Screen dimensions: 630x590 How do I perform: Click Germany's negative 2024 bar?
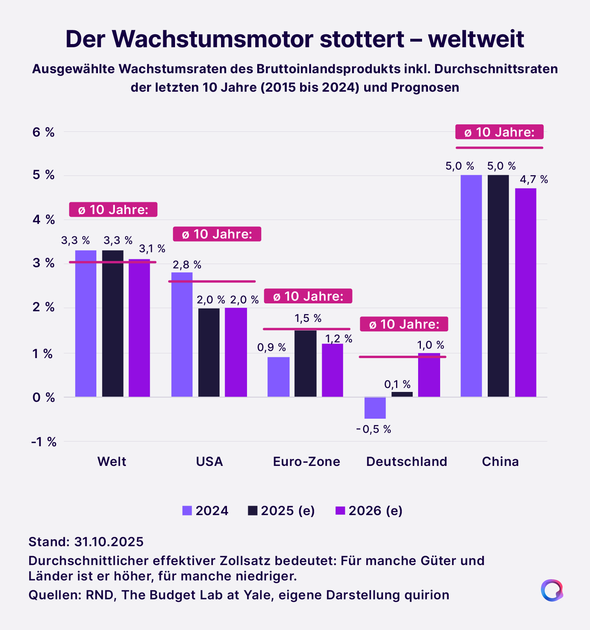pos(375,408)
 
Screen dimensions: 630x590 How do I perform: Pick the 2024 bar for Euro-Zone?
pos(278,377)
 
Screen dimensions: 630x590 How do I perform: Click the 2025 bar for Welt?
pos(112,323)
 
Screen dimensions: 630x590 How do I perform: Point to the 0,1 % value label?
pos(397,384)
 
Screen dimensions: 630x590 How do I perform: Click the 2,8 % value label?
pos(187,265)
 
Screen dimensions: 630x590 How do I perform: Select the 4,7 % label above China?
pos(534,180)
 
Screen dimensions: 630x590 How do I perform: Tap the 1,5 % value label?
pos(308,318)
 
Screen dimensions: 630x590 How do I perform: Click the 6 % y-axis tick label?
pos(43,132)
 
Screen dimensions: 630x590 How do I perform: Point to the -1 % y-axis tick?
pos(44,442)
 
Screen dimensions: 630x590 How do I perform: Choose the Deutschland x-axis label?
pos(406,461)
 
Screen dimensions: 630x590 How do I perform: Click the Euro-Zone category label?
pos(306,461)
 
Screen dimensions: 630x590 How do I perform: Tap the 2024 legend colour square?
pos(187,511)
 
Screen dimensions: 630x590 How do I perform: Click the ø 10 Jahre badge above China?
pos(499,132)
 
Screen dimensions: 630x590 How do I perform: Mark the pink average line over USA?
pos(212,281)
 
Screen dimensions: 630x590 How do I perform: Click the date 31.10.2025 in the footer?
pos(109,542)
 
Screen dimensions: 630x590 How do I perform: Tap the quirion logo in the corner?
pos(552,590)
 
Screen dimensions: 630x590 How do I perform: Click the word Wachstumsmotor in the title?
pos(212,39)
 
